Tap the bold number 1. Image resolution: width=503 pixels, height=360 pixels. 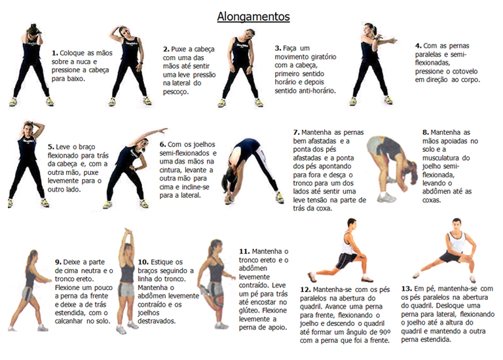[54, 52]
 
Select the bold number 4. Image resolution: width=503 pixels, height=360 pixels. [418, 46]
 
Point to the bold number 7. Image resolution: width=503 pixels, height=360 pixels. [296, 132]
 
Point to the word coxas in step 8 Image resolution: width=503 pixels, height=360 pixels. [434, 200]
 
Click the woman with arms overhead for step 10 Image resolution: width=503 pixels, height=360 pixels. [126, 278]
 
